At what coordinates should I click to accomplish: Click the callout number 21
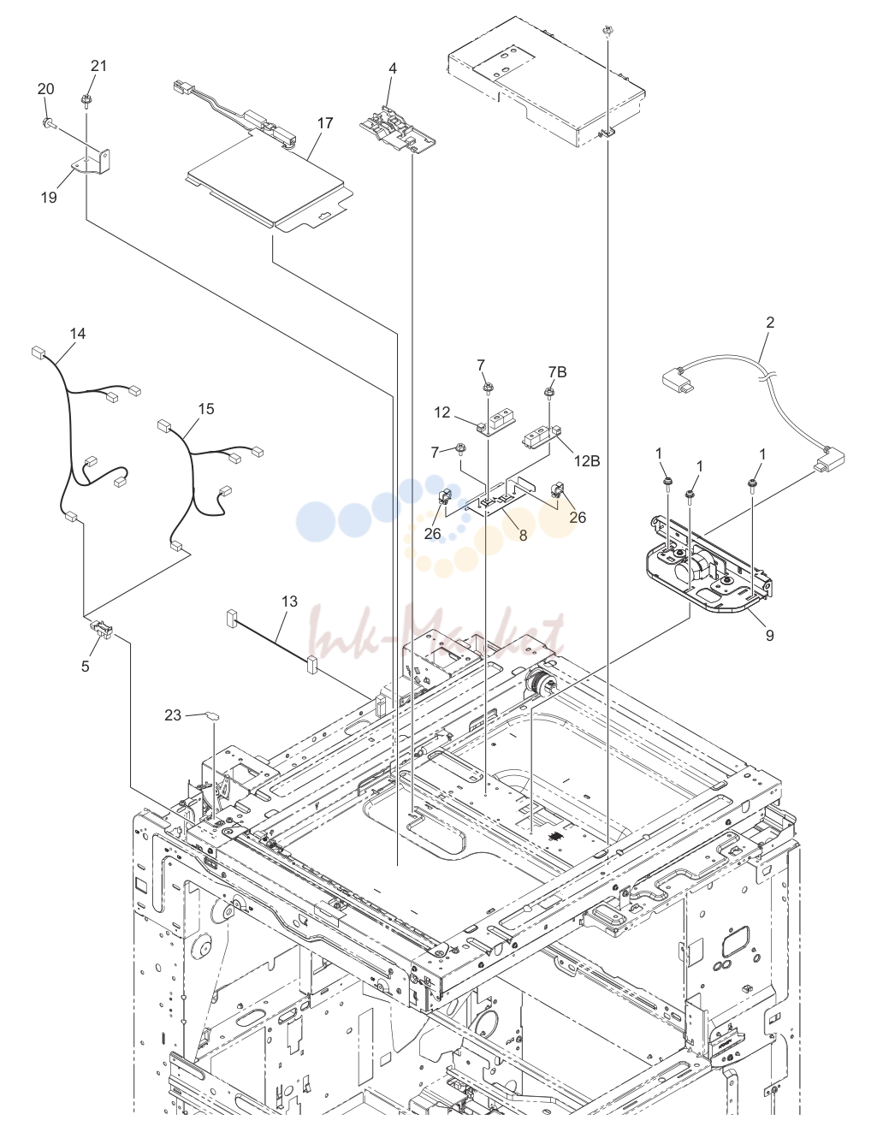coord(98,66)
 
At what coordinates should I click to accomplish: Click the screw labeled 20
coord(47,123)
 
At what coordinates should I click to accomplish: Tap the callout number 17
coord(325,123)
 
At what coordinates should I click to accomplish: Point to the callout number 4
coord(393,68)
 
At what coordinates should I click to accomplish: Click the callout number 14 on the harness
coord(78,334)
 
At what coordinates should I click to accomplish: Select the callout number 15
coord(206,409)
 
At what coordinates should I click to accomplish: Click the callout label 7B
coord(557,372)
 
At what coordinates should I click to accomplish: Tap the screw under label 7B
coord(549,392)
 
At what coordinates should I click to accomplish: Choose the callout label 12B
coord(587,461)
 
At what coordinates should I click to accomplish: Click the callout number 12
coord(442,412)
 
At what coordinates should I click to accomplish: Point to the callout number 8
coord(523,535)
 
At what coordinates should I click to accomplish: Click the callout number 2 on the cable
coord(770,323)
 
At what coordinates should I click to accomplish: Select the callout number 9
coord(769,635)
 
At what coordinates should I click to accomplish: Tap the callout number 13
coord(289,602)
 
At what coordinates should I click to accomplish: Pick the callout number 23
coord(173,715)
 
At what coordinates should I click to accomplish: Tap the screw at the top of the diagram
coord(607,31)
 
